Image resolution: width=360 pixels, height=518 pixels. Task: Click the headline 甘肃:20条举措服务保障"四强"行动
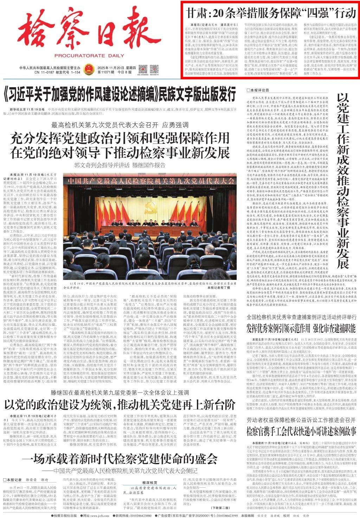pyautogui.click(x=271, y=13)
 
